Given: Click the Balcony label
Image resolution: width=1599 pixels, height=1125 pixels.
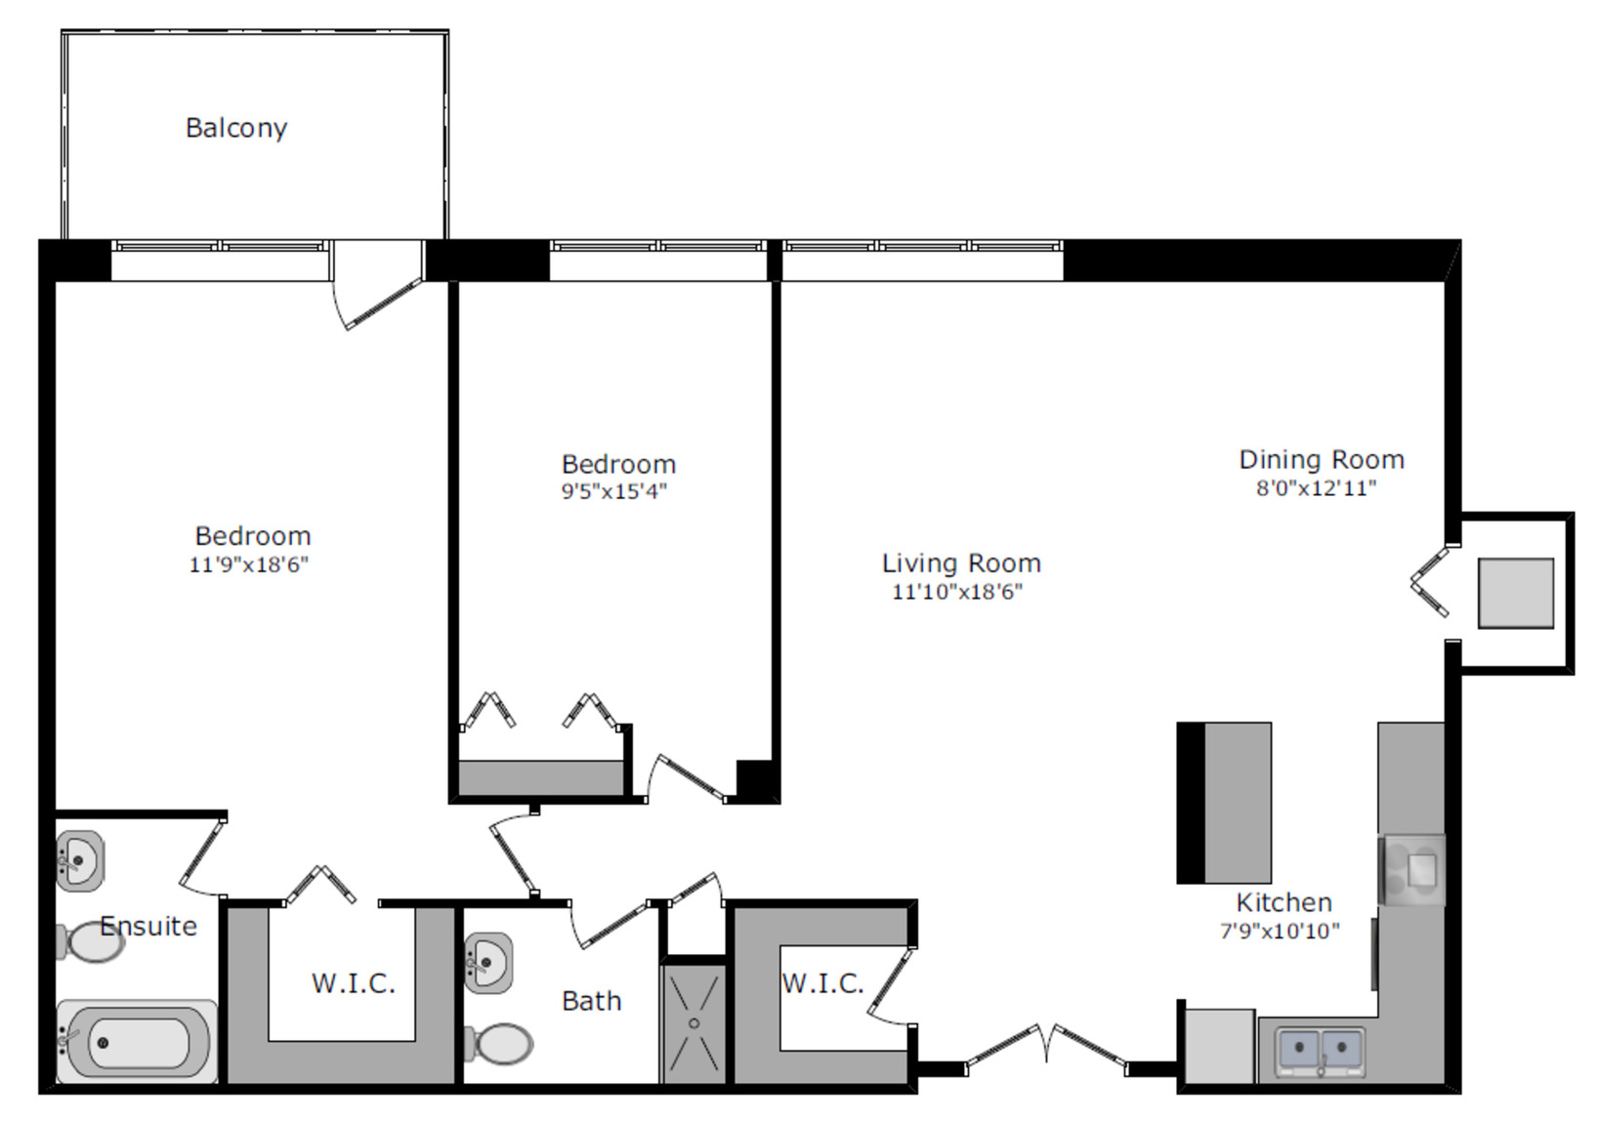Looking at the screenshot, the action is click(236, 129).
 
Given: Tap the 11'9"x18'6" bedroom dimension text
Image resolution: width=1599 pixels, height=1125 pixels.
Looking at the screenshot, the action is click(248, 564).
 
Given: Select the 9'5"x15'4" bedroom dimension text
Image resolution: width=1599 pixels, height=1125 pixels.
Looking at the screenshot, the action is click(613, 491).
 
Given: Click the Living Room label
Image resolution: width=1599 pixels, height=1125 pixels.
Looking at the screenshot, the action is click(961, 563).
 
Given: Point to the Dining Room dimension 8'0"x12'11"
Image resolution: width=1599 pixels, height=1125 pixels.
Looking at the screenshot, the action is click(1317, 488).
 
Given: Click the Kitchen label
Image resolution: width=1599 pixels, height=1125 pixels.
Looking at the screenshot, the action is click(1284, 903).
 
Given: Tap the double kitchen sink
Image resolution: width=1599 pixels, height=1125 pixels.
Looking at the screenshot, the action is click(1320, 1051).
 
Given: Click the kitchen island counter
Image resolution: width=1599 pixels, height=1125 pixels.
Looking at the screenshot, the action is click(1224, 803).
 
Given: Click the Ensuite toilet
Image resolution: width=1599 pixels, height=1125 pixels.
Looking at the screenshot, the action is click(91, 942).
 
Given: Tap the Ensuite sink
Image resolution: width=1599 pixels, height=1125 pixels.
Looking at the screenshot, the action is click(80, 861).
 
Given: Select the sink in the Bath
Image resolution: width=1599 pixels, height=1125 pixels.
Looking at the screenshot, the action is click(488, 963).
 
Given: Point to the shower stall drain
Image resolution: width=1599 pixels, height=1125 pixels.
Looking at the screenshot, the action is click(694, 1023).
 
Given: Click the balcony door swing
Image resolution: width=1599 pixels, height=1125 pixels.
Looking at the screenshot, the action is click(378, 303).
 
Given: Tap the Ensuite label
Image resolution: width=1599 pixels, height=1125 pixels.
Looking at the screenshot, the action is click(148, 927).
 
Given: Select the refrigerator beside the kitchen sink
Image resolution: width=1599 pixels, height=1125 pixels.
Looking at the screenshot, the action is click(1220, 1047).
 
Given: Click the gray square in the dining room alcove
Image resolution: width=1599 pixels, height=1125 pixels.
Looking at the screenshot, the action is click(1516, 594).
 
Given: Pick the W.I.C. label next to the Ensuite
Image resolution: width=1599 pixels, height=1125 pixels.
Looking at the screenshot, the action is click(354, 983).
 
